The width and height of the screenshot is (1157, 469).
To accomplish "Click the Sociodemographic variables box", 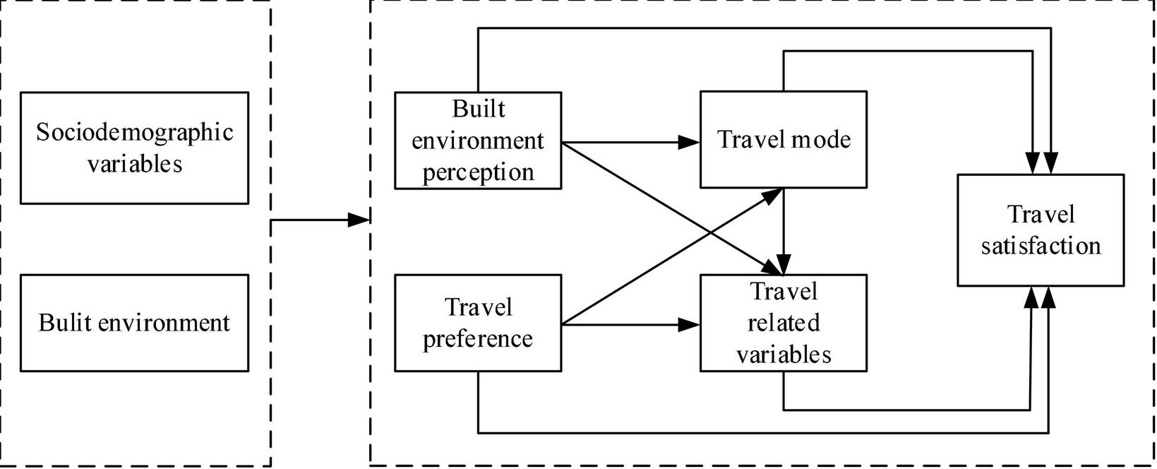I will [134, 148].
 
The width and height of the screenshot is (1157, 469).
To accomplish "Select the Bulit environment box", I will [134, 323].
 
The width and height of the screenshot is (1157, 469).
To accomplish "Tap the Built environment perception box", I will [478, 140].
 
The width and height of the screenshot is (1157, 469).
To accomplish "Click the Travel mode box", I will [783, 139].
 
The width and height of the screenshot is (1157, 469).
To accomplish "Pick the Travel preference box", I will [478, 323].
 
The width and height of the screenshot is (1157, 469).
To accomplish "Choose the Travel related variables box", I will [783, 323].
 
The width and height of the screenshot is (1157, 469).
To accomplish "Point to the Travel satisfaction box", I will [1040, 230].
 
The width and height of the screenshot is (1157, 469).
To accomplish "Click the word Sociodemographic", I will [134, 132].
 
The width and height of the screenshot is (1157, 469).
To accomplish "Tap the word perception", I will [478, 172].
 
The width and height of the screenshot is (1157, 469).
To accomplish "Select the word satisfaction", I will [1040, 246].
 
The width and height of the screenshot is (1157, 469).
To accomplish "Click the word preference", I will [478, 338].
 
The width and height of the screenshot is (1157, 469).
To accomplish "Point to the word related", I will [783, 323].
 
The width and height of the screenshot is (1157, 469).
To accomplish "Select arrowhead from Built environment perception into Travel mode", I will [690, 142].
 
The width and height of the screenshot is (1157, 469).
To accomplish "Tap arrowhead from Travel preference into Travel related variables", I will [690, 325].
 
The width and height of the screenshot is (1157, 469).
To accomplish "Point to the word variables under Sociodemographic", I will [134, 164].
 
